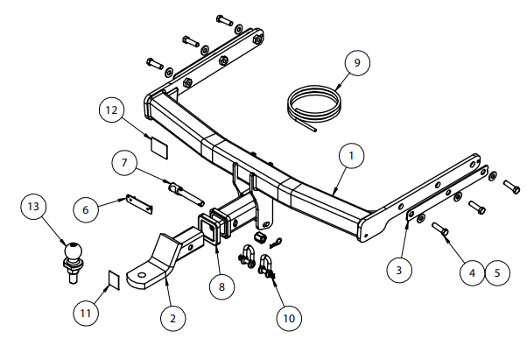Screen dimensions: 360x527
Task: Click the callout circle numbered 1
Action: pos(350,156)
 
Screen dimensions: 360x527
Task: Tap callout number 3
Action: pos(398,270)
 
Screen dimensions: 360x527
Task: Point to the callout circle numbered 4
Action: pos(472,272)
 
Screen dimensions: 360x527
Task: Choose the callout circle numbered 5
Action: pos(496,272)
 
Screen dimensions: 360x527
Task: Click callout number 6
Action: pos(86,210)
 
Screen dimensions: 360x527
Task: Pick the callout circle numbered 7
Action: pos(124,162)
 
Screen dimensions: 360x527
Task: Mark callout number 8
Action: pos(221,285)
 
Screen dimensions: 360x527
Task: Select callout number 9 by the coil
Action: pos(356,63)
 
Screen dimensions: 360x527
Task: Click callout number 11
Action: pos(86,311)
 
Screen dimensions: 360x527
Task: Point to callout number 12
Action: pos(110,110)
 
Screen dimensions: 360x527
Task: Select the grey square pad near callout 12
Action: pos(157,145)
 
